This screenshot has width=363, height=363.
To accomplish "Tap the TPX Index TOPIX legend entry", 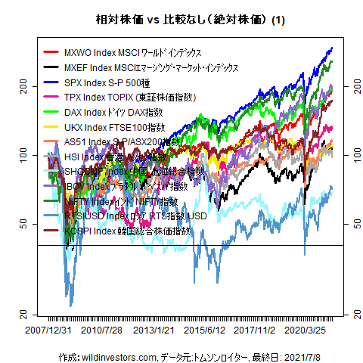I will click(x=129, y=97).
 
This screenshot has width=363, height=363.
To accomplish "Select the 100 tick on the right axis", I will click(x=347, y=155).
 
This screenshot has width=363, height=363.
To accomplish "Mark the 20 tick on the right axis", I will click(x=347, y=312).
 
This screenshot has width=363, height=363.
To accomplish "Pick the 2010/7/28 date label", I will click(x=102, y=331).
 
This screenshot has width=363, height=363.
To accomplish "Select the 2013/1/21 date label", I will click(x=155, y=331).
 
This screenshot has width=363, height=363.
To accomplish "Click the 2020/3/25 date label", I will click(x=311, y=331).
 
